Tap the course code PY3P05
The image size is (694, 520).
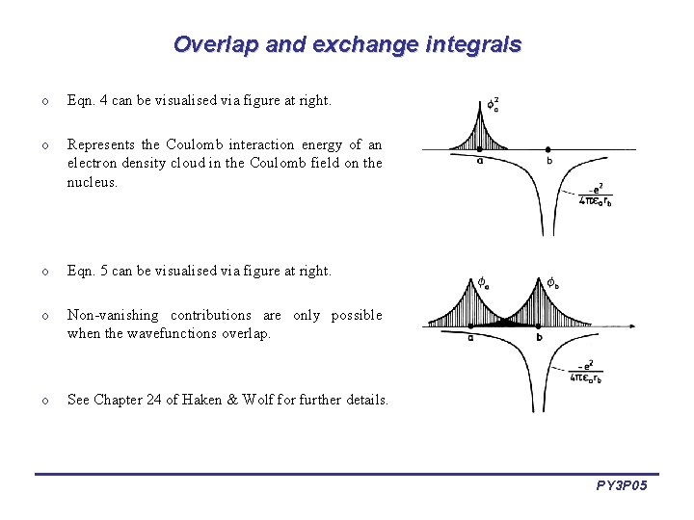pos(622,486)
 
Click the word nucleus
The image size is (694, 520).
pos(92,181)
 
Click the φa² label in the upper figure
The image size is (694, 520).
pos(492,103)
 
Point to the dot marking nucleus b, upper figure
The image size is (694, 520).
pos(547,149)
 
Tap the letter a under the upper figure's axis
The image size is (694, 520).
pos(479,161)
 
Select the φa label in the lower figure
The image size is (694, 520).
pos(482,283)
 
